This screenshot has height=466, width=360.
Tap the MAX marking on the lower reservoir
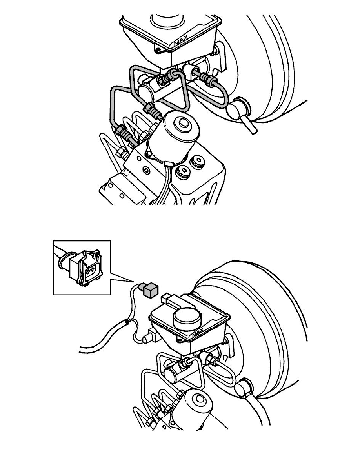click(198, 332)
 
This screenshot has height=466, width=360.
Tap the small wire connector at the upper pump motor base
click(169, 164)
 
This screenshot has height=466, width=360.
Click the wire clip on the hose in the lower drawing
click(127, 321)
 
